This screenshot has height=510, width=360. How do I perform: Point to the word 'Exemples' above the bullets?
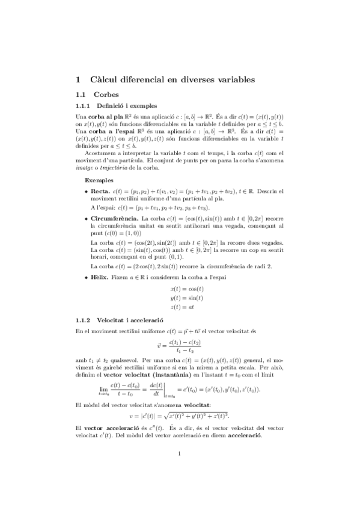click(98, 180)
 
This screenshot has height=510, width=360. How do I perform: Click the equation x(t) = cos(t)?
click(187, 289)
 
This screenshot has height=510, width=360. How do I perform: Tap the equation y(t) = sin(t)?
click(187, 298)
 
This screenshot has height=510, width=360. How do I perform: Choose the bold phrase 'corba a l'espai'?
click(112, 130)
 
